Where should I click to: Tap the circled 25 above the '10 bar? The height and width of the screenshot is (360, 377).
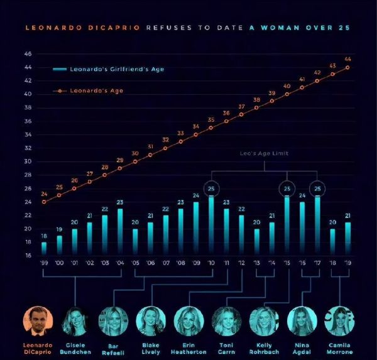click(211, 188)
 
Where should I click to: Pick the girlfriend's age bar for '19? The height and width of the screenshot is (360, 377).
click(347, 239)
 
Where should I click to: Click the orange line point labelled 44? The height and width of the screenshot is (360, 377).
click(347, 67)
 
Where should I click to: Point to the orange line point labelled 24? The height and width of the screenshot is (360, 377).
click(44, 202)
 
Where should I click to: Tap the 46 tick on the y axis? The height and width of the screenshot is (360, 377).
click(28, 54)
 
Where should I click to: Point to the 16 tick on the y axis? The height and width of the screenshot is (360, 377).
click(28, 256)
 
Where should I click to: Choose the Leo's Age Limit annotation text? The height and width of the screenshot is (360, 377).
click(264, 153)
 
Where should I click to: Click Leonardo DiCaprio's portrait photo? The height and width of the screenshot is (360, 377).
click(38, 321)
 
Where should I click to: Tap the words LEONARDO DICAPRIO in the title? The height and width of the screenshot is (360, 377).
click(84, 28)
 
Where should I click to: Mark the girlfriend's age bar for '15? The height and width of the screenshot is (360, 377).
click(287, 226)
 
